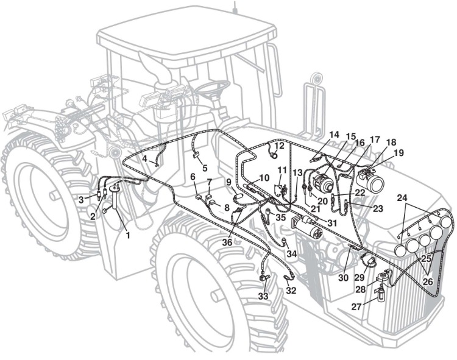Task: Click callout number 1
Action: (128, 235)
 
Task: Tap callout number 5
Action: (205, 168)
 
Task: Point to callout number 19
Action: (399, 152)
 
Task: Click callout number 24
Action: (402, 198)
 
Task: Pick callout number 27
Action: (356, 306)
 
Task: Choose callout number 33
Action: (263, 296)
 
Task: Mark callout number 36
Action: (227, 242)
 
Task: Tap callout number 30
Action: (343, 278)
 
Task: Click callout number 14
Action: (335, 135)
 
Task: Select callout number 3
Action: (81, 200)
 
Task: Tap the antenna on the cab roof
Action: (235, 7)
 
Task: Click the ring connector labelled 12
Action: (274, 155)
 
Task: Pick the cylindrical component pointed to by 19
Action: (370, 178)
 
